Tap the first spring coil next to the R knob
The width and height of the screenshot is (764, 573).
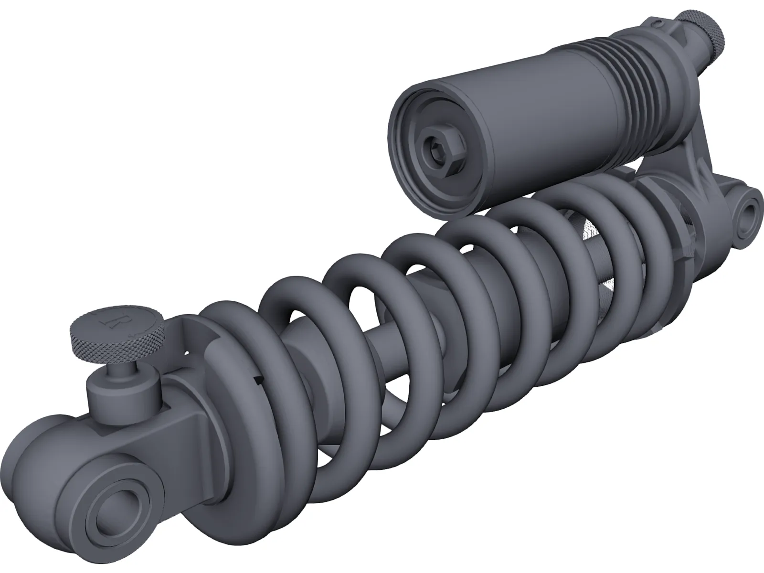click(x=229, y=382)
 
